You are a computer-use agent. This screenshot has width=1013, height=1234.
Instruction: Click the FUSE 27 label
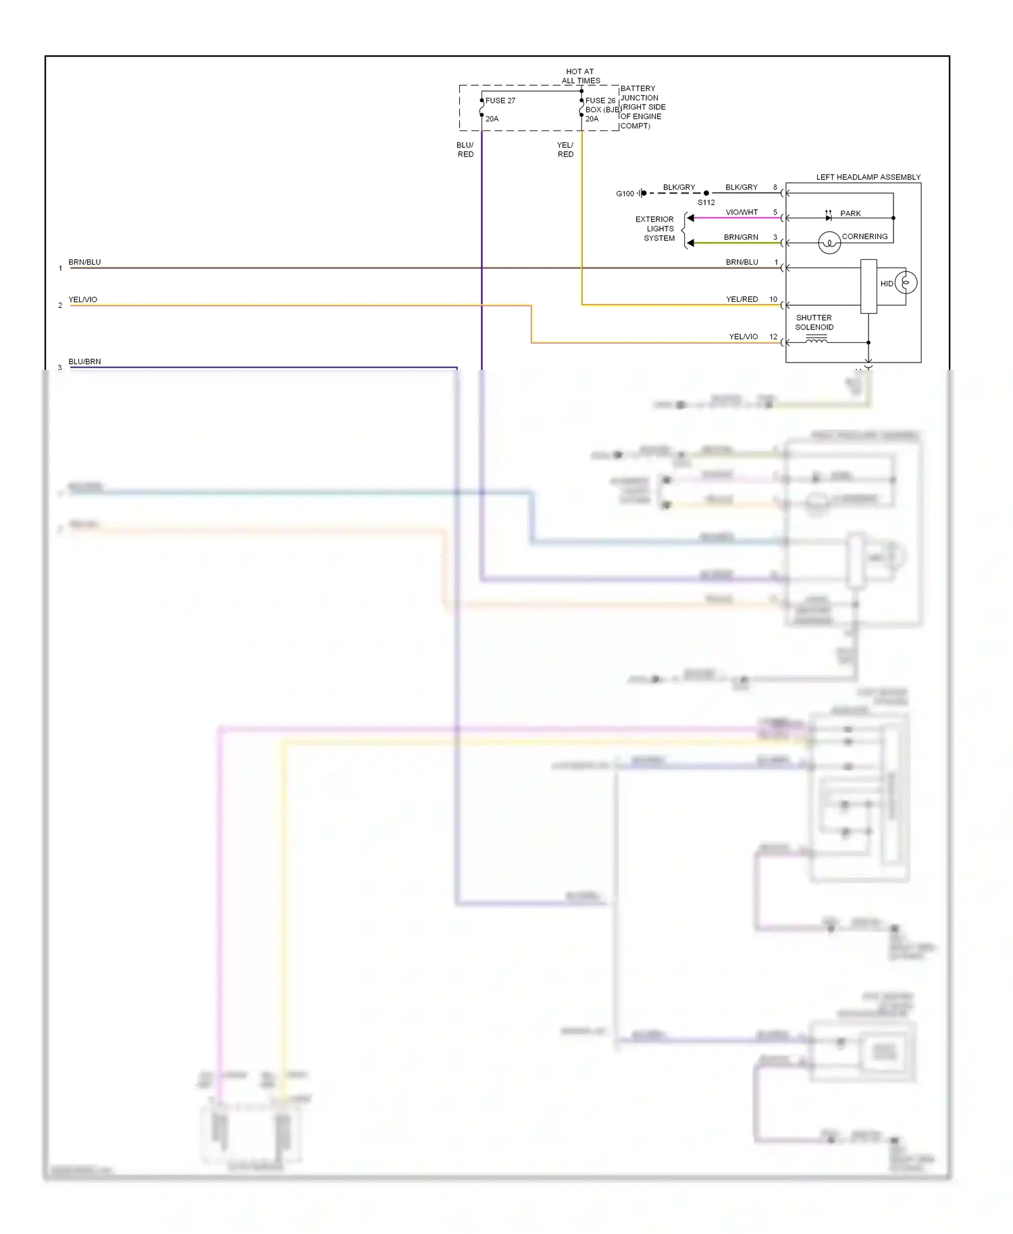[500, 101]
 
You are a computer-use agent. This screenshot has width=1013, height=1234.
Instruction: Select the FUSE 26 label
[600, 101]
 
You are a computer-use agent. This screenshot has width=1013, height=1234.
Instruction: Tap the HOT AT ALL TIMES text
[580, 76]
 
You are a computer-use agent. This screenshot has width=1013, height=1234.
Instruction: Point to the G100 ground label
[625, 194]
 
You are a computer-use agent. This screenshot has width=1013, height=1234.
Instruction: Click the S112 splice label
[706, 203]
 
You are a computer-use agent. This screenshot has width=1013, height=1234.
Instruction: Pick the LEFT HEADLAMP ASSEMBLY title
[868, 178]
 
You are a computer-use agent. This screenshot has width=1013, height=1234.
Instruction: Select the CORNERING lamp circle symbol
[829, 242]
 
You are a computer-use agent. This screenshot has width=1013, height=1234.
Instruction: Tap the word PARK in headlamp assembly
[850, 213]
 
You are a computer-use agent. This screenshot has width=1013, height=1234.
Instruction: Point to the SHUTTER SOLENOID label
[814, 323]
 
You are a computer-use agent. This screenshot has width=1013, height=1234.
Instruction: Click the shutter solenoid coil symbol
[816, 341]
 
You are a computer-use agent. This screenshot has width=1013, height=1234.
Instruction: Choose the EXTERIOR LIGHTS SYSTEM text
[655, 229]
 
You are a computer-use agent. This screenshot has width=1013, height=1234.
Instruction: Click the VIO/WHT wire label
[742, 212]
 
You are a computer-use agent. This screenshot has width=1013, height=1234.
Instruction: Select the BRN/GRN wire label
[741, 237]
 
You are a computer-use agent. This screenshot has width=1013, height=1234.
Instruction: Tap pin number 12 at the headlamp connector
[773, 336]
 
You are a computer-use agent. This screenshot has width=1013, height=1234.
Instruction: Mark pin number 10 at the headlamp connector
[773, 299]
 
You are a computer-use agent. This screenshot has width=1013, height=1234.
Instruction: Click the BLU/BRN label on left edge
[84, 362]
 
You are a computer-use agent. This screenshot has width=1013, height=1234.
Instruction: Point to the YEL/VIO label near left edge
[82, 300]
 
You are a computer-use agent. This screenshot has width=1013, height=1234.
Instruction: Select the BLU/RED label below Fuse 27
[465, 150]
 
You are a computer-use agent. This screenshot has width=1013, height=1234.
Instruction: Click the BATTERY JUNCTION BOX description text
[642, 107]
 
